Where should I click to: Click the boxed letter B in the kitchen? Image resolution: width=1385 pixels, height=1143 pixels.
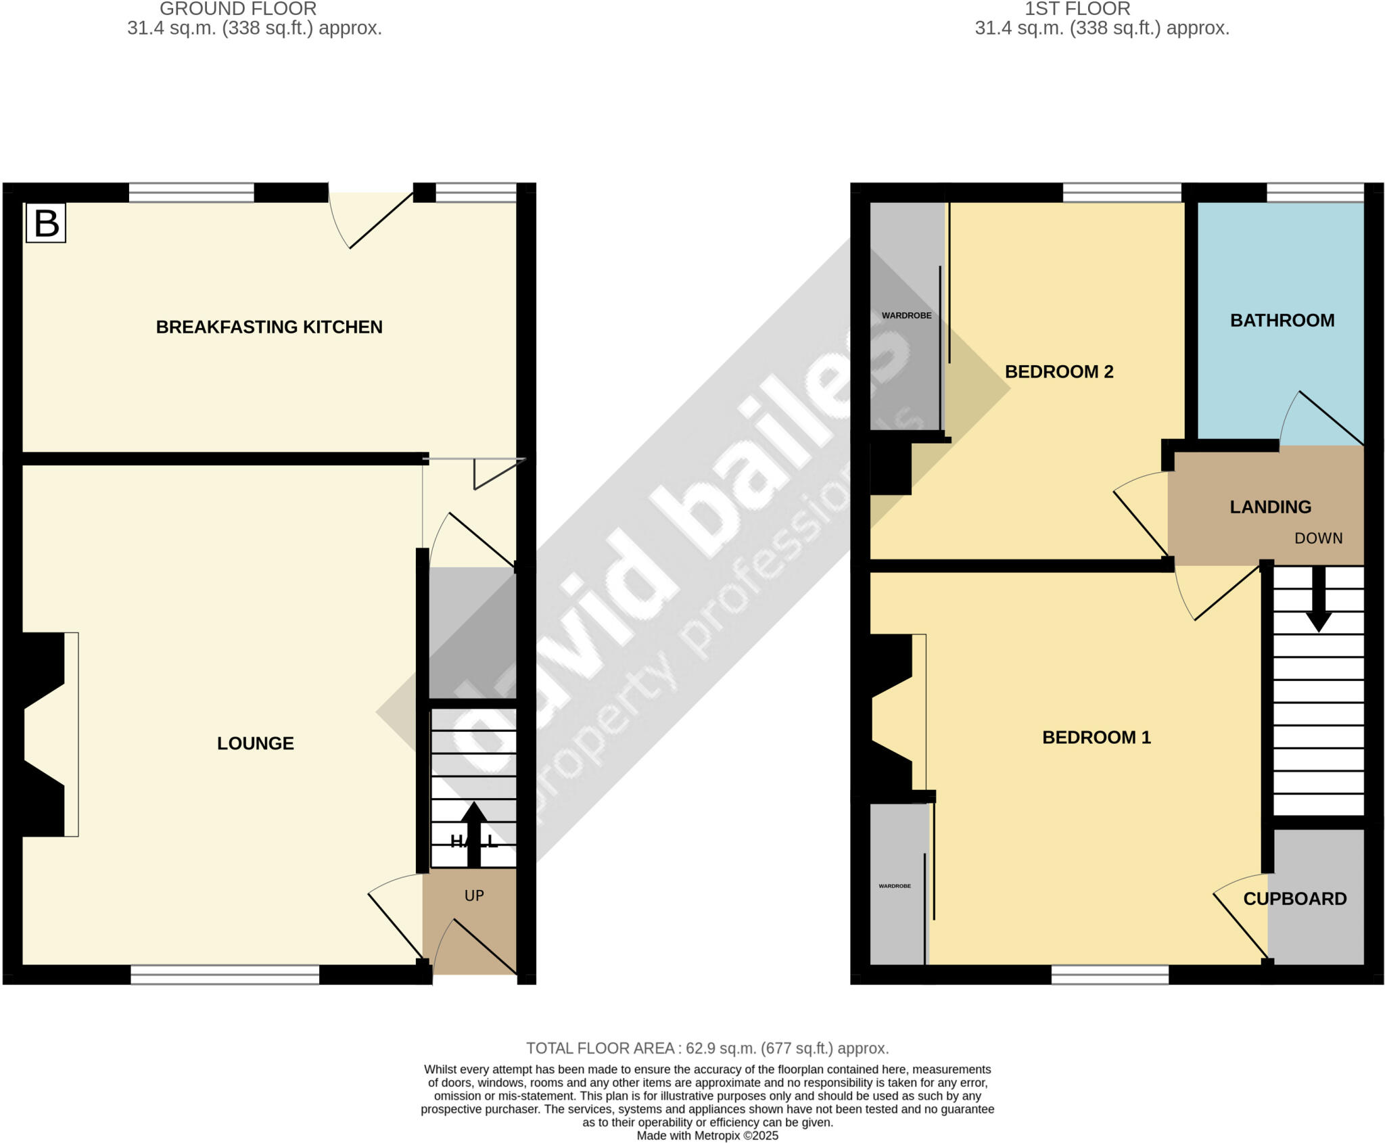tap(46, 223)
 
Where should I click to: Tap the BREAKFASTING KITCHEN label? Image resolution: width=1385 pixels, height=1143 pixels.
tap(269, 327)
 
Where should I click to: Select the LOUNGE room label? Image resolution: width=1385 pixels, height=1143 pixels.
tap(255, 743)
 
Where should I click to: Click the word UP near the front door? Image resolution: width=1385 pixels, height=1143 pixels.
tap(474, 895)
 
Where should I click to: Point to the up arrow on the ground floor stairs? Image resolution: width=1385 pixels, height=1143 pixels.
tap(473, 833)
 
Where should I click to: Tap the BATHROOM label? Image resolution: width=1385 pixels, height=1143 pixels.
tap(1282, 321)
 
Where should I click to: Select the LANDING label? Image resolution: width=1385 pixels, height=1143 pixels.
tap(1270, 507)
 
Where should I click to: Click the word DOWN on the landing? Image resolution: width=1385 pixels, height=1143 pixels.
tap(1318, 538)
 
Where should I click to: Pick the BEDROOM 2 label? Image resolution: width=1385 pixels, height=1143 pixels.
tap(1059, 372)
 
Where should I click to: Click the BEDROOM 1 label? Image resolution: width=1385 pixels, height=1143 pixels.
tap(1096, 737)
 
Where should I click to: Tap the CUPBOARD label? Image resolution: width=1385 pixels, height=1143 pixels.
tap(1295, 899)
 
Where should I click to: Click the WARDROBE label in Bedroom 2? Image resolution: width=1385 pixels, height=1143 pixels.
tap(906, 316)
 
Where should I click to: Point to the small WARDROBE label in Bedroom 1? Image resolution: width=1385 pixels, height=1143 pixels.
tap(895, 886)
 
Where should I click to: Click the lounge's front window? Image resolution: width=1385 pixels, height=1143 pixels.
tap(225, 974)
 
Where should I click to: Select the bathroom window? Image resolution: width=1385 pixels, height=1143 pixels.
tap(1315, 193)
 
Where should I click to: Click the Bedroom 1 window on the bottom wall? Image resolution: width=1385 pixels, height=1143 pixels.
tap(1110, 974)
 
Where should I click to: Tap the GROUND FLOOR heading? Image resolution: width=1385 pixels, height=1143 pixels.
tap(238, 9)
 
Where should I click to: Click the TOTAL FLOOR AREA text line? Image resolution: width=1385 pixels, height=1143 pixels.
tap(707, 1048)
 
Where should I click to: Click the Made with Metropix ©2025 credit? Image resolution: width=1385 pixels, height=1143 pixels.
tap(707, 1136)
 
